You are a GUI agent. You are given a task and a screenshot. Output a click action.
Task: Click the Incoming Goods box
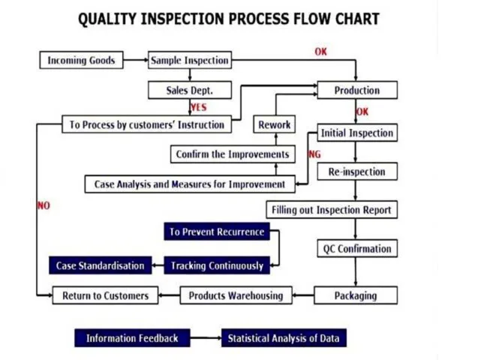(81, 60)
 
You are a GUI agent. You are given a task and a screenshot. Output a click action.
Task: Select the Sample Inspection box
(190, 60)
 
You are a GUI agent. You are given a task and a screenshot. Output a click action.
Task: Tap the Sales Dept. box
(190, 90)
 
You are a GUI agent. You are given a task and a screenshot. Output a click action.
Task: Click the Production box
(356, 90)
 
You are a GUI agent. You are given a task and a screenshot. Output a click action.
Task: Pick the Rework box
(275, 124)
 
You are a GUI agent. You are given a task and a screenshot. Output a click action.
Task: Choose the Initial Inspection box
(356, 133)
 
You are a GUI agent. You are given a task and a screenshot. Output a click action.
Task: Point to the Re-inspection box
(356, 172)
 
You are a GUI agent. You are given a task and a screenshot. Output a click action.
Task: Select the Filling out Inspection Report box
(331, 209)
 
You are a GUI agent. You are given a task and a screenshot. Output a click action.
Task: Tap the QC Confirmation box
(356, 248)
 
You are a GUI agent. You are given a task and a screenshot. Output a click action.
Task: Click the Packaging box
(356, 295)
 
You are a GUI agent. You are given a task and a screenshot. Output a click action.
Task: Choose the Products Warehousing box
(236, 295)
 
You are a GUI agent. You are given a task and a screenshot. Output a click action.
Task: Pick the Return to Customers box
(105, 295)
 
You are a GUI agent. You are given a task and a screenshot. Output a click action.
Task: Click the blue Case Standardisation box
(100, 265)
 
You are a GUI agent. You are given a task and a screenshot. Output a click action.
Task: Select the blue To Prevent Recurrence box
(217, 232)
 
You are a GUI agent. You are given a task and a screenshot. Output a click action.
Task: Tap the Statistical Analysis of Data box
(284, 338)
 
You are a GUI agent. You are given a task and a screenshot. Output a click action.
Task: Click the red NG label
(314, 154)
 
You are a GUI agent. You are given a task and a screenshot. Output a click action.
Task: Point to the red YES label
(199, 107)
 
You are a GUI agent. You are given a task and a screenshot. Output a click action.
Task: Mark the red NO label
(44, 205)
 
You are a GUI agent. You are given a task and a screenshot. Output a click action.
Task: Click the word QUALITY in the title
(110, 19)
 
